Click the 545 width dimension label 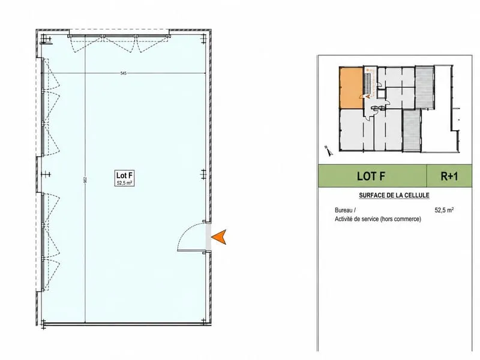123,73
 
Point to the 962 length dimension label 85,180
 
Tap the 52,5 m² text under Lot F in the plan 124,184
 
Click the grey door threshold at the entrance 208,238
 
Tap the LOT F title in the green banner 371,176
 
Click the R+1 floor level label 449,176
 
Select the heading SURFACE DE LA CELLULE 394,196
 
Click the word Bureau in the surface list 344,211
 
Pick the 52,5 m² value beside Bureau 444,210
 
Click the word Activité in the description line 344,219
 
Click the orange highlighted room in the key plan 351,88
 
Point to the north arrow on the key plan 329,151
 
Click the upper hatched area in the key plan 424,87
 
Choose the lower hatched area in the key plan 412,130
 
